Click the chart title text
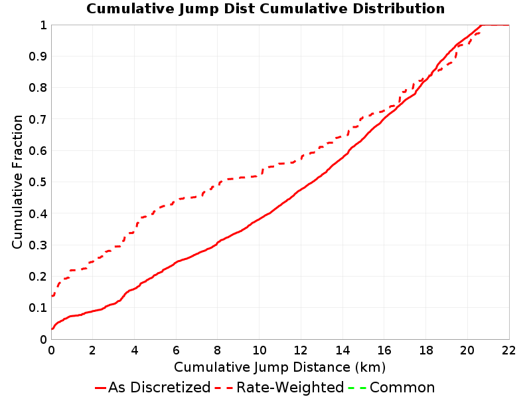265,9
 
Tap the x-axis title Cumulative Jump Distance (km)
279,367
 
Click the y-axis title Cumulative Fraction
17,182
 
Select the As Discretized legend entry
153,388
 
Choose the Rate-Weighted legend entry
279,388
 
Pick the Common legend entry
392,388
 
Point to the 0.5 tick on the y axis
38,182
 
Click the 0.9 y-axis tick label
38,57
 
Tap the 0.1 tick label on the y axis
38,308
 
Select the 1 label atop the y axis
43,25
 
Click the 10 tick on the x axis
260,350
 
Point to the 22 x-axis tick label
508,350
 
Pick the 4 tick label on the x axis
135,350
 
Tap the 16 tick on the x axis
384,350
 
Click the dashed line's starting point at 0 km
52,296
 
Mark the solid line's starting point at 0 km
52,329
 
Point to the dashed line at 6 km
176,201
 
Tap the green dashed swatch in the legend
357,388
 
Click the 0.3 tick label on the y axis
38,245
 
